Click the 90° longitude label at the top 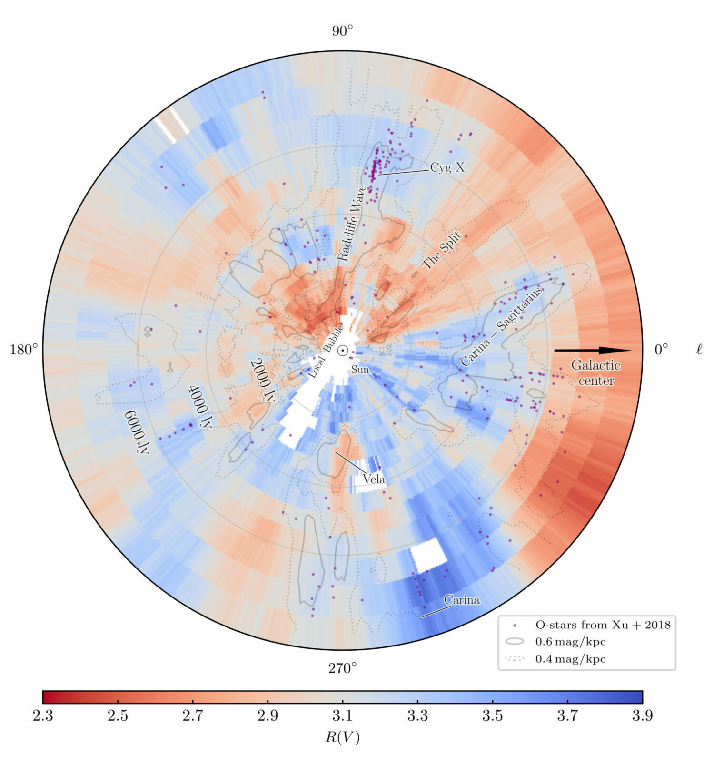pyautogui.click(x=342, y=31)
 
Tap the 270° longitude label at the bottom pyautogui.click(x=342, y=668)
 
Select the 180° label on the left pyautogui.click(x=23, y=350)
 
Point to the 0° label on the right pyautogui.click(x=661, y=350)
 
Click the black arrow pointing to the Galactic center pyautogui.click(x=593, y=351)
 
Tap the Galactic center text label pyautogui.click(x=595, y=373)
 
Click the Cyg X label pyautogui.click(x=447, y=167)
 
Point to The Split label pyautogui.click(x=442, y=250)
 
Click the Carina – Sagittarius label pyautogui.click(x=501, y=326)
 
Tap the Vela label pyautogui.click(x=374, y=479)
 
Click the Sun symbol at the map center pyautogui.click(x=342, y=351)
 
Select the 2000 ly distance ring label pyautogui.click(x=263, y=380)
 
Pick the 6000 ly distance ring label pyautogui.click(x=137, y=432)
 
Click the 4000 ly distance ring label pyautogui.click(x=200, y=406)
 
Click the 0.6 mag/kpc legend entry pyautogui.click(x=570, y=642)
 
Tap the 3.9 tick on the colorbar pyautogui.click(x=642, y=715)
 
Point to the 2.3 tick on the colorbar pyautogui.click(x=43, y=715)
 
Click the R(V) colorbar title pyautogui.click(x=342, y=737)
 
